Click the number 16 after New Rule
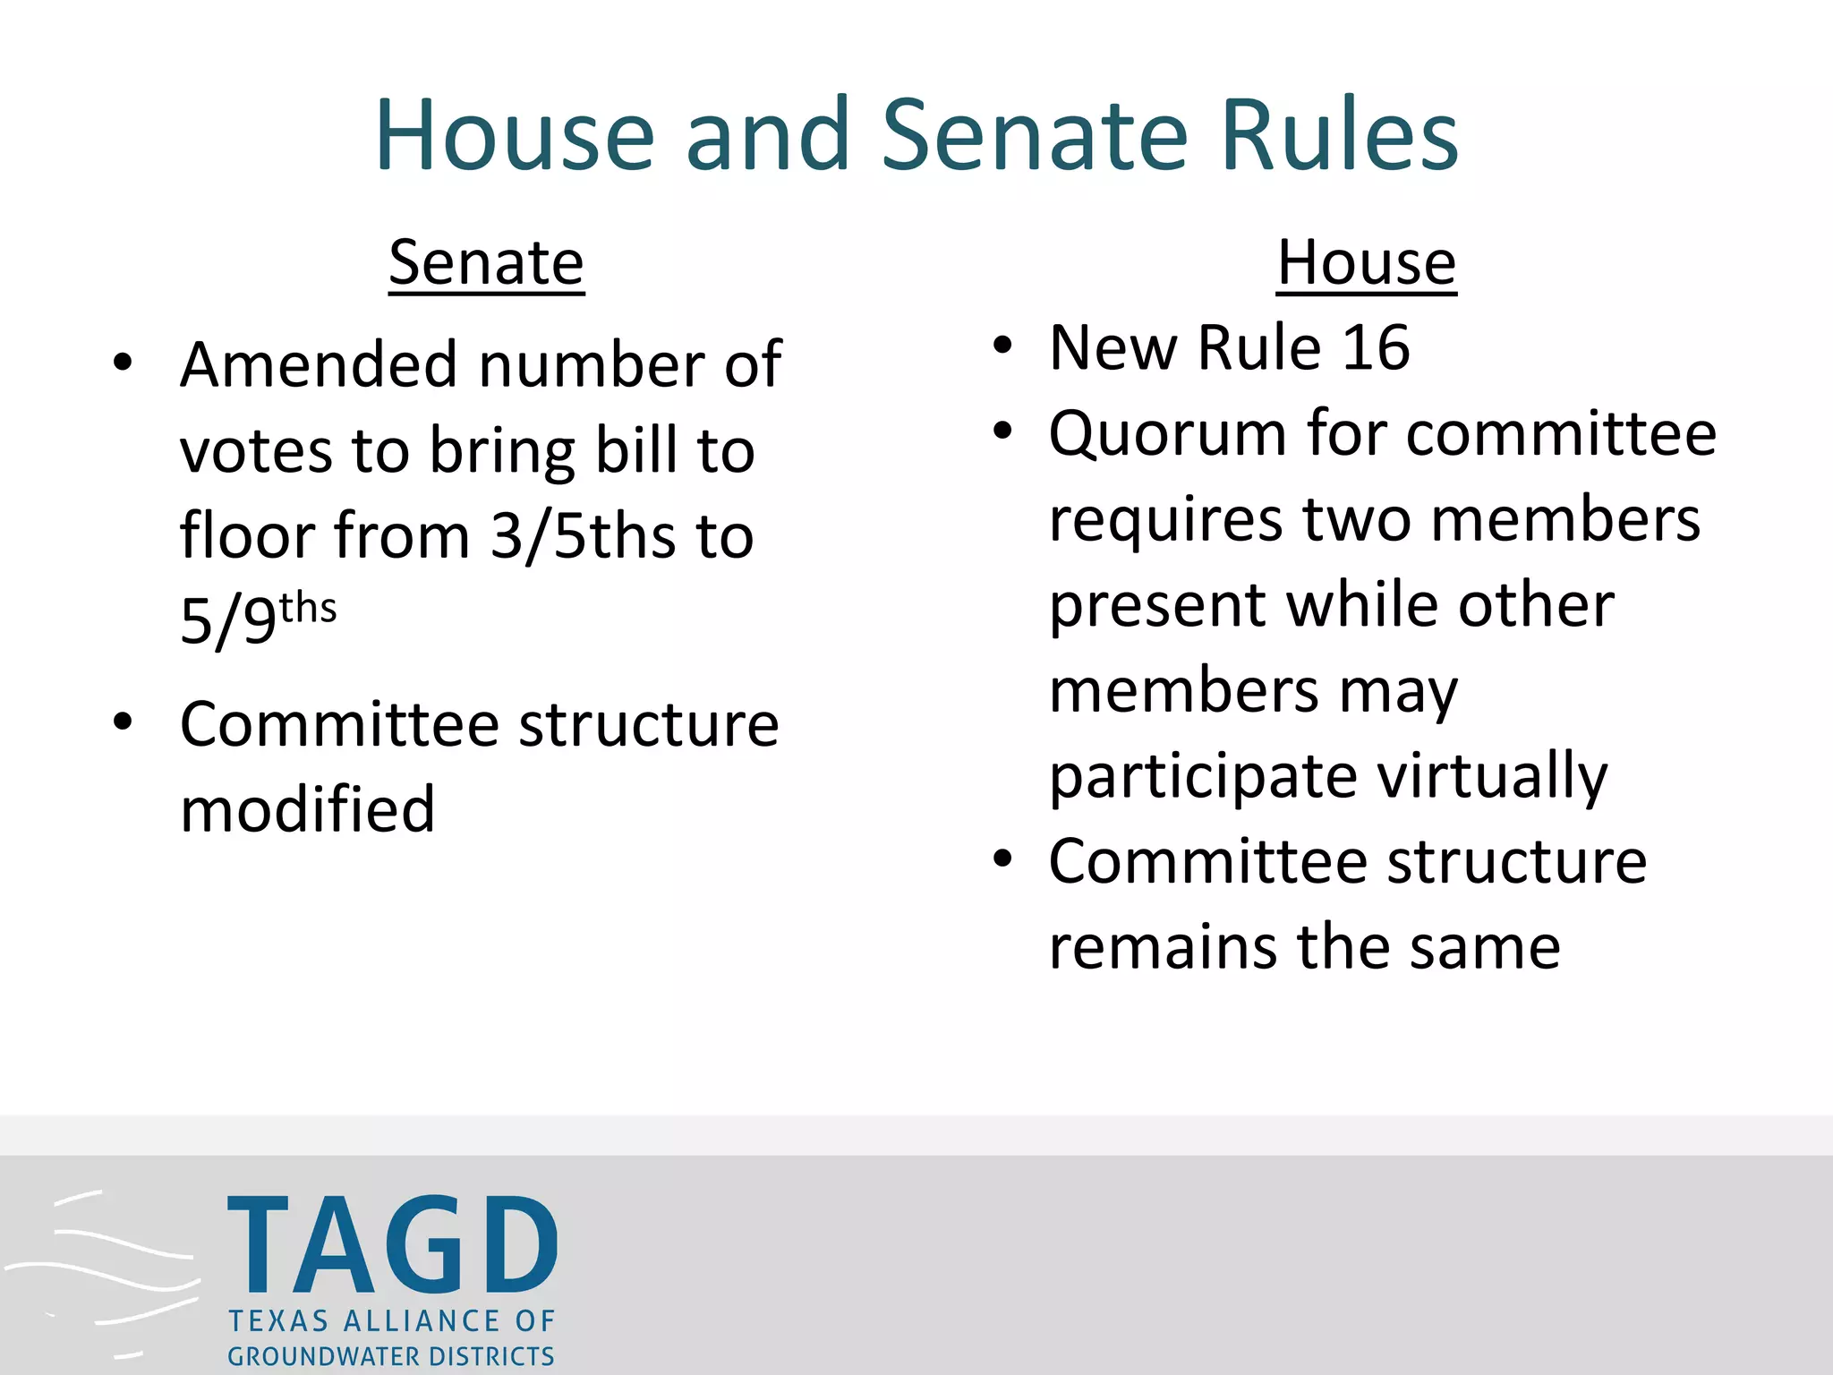click(1376, 347)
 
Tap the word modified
click(307, 809)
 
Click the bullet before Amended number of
click(123, 363)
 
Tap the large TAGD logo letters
click(393, 1246)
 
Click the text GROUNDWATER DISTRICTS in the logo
click(391, 1356)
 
